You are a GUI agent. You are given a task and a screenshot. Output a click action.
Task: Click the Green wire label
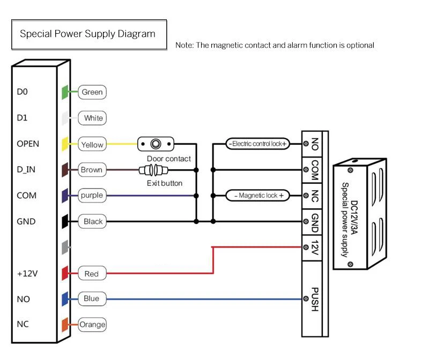pos(92,92)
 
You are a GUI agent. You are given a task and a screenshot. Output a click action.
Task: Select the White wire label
pos(93,118)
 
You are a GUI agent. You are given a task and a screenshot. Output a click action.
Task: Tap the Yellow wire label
pos(92,144)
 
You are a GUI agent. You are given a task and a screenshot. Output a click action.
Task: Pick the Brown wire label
pos(91,170)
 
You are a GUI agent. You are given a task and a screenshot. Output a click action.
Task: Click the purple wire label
pos(92,196)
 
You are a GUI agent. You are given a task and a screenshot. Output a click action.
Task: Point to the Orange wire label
pos(92,324)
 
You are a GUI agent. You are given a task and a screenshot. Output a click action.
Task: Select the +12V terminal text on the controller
pos(27,274)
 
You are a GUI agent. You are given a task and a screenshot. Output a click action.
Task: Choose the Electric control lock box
pos(257,144)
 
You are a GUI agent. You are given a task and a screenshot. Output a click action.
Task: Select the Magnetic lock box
pos(258,196)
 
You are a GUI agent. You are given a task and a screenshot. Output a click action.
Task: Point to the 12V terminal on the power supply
pos(315,247)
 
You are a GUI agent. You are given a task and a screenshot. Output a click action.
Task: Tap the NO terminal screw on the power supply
pos(306,144)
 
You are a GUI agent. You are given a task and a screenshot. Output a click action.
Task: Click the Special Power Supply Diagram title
pos(87,34)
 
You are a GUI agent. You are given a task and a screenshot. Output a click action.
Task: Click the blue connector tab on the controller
pos(65,298)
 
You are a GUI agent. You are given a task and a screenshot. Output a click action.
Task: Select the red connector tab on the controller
pos(65,273)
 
